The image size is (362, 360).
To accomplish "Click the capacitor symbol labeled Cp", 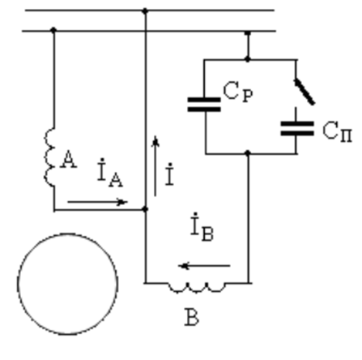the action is click(x=204, y=105).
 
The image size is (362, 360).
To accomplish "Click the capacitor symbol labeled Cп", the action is click(x=297, y=128).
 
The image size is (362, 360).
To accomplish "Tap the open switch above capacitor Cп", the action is click(x=305, y=92).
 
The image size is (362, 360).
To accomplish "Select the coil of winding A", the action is click(x=50, y=157).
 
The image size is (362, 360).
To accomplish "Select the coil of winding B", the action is click(x=197, y=288).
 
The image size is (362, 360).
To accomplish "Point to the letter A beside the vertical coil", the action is click(x=68, y=160).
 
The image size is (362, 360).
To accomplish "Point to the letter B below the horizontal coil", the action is click(x=192, y=317).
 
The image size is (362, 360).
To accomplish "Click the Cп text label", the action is click(x=337, y=131).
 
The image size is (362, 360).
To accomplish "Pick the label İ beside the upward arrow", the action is click(x=169, y=174).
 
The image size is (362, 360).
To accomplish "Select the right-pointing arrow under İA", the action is click(x=97, y=202).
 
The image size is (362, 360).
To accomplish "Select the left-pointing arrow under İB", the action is click(x=204, y=266).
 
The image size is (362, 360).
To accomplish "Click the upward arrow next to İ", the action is click(x=155, y=166).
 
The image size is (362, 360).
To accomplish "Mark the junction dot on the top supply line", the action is click(x=145, y=11).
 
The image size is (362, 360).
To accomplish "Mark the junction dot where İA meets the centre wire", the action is click(x=145, y=209).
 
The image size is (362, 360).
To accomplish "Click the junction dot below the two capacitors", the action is click(x=248, y=153).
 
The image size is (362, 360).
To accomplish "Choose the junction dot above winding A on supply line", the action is click(x=53, y=30).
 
